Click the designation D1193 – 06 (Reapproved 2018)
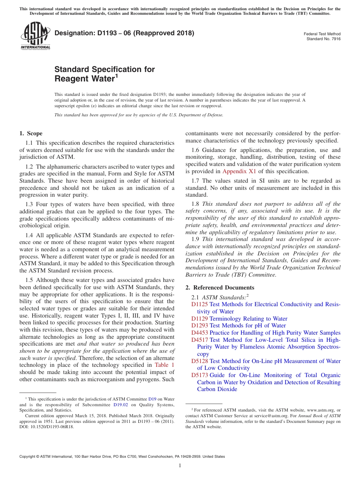tap(124, 33)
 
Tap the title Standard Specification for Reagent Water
tap(105, 74)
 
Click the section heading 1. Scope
tap(31, 133)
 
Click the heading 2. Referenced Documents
tap(220, 288)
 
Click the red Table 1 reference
tap(165, 365)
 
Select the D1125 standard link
tap(199, 304)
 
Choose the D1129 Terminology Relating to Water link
tap(248, 319)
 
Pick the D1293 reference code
tap(199, 326)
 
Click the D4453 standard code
tap(199, 333)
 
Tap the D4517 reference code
tap(199, 340)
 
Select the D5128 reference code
tap(199, 361)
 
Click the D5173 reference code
tap(199, 375)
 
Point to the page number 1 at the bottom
tap(180, 465)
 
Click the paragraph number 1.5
tap(29, 280)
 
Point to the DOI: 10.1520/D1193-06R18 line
tap(47, 426)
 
